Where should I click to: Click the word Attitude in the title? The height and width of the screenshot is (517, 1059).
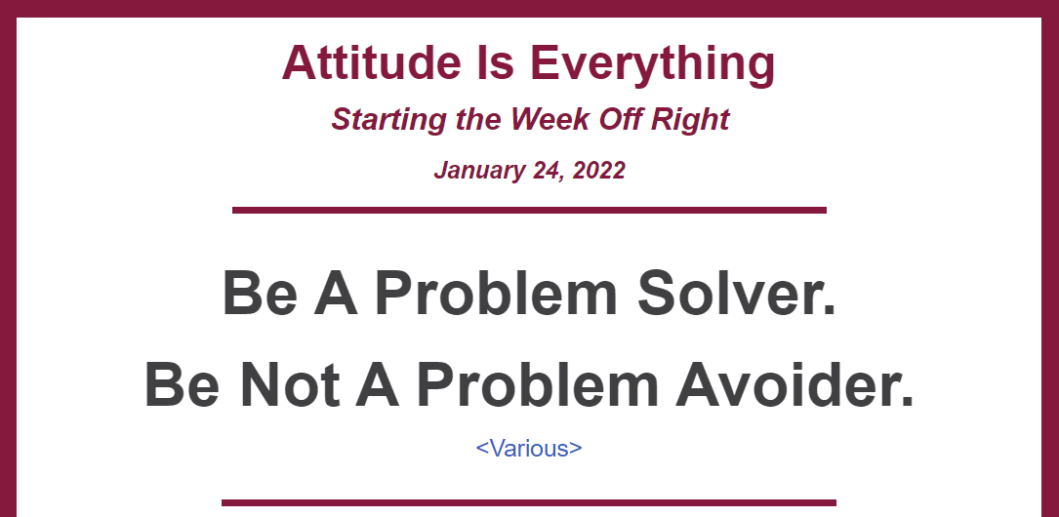(x=371, y=62)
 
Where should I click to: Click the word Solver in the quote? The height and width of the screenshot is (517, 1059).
(x=737, y=293)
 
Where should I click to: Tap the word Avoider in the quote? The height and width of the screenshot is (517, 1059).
(x=794, y=384)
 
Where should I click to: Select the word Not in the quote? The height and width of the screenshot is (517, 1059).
(x=289, y=384)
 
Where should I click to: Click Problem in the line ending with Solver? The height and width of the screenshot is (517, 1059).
(x=497, y=293)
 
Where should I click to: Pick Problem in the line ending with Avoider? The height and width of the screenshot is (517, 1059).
(x=538, y=384)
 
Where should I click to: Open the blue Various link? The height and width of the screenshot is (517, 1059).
(x=529, y=448)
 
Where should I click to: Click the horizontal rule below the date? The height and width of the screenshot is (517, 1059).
(x=529, y=210)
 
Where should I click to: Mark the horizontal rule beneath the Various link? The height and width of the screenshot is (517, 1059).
(x=529, y=502)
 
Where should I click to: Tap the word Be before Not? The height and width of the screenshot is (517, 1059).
(x=182, y=384)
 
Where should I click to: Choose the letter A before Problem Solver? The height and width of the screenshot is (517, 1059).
(x=336, y=293)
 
